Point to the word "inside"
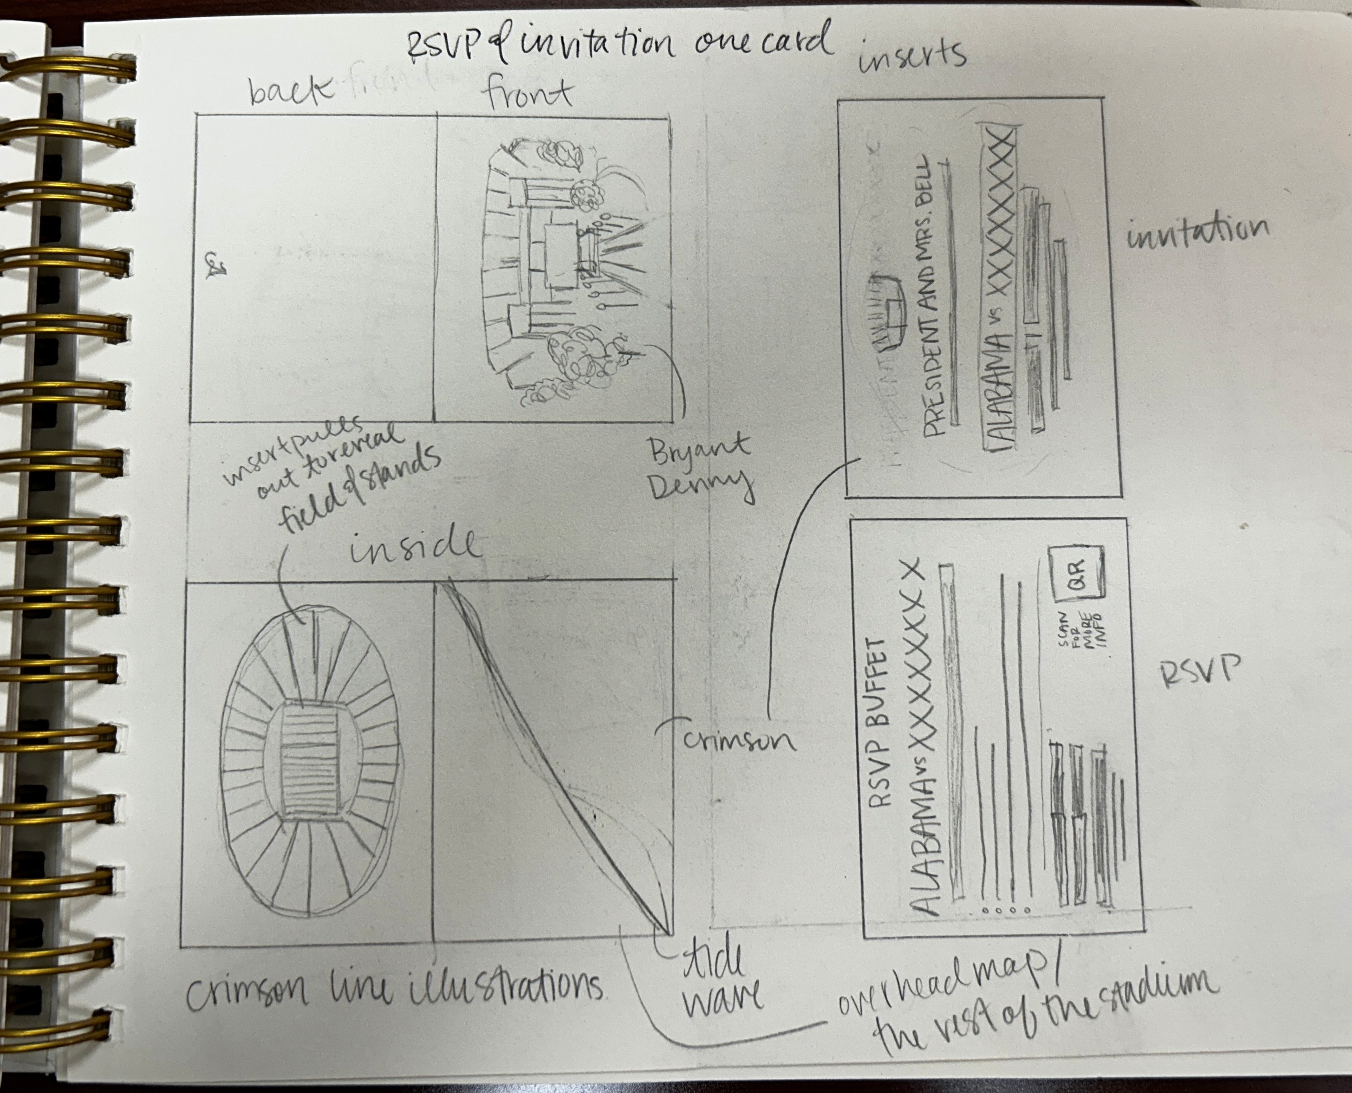414,546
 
